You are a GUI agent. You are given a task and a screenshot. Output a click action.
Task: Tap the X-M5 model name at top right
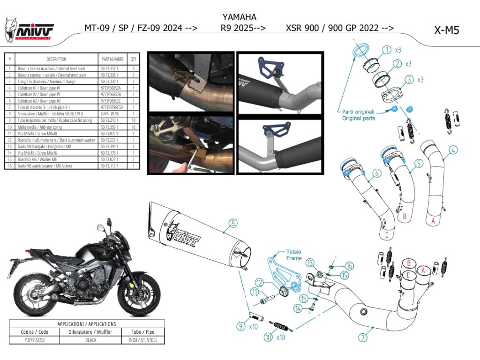(x=446, y=30)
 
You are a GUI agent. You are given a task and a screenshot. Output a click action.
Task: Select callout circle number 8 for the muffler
(x=233, y=224)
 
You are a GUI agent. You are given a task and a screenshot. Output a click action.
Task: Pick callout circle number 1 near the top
(x=387, y=50)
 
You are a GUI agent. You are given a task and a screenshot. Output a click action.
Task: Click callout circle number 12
(x=261, y=283)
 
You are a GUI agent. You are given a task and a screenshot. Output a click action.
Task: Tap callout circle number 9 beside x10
(x=240, y=326)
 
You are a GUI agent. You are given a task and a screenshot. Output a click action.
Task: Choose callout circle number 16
(x=349, y=266)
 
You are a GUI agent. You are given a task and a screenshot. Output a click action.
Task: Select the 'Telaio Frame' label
(x=294, y=255)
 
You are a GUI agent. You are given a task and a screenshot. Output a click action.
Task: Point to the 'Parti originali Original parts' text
(x=358, y=115)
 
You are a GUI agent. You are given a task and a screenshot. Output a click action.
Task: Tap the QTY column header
(x=134, y=60)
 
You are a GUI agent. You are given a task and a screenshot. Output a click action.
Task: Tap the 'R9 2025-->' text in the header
(x=243, y=28)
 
